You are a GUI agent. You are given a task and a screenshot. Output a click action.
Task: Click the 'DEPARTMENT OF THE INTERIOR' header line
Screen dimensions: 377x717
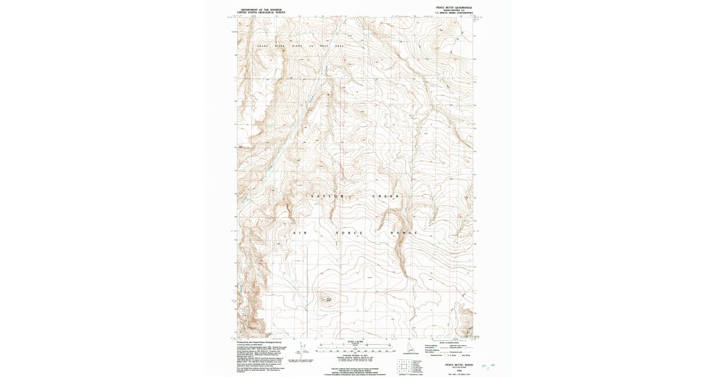pos(261,10)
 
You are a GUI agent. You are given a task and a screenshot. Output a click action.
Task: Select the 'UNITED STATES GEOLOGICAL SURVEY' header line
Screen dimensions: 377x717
pos(261,13)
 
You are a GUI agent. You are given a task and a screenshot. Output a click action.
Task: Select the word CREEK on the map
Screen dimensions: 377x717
pos(389,196)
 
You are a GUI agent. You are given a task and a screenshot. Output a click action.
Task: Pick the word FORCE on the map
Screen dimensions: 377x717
pos(346,232)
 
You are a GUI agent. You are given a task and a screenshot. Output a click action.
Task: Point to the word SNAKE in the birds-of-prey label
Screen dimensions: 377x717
pos(263,46)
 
